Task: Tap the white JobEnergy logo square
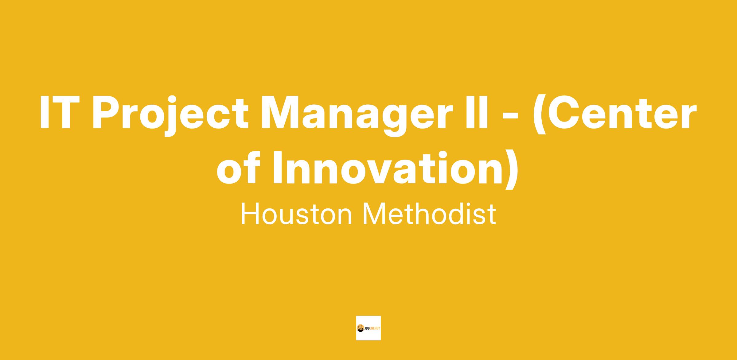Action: [x=368, y=328]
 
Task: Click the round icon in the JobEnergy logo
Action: [x=360, y=328]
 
